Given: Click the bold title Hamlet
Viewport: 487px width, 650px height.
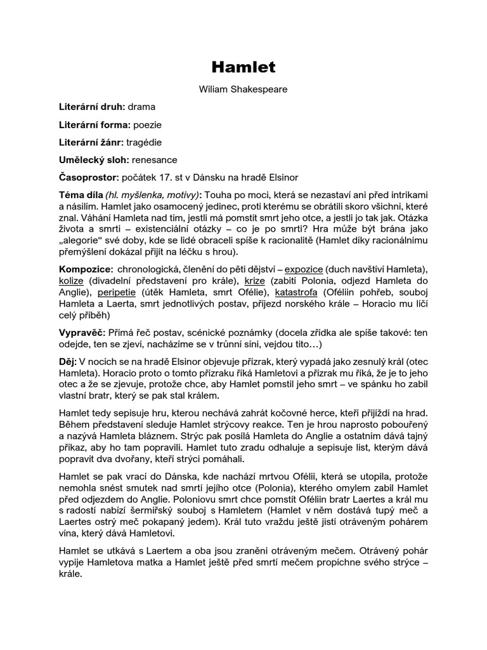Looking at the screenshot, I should [243, 66].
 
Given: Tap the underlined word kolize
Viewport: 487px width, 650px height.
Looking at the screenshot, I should [72, 281].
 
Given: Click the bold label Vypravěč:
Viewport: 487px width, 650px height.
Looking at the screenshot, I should [82, 332].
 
